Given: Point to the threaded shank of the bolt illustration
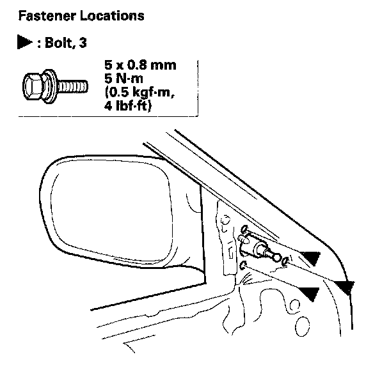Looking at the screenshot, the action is (74, 84).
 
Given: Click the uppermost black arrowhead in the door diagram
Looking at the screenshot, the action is (310, 258).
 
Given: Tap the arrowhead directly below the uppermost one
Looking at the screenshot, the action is (310, 293).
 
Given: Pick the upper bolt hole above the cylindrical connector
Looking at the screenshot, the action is (245, 230).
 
